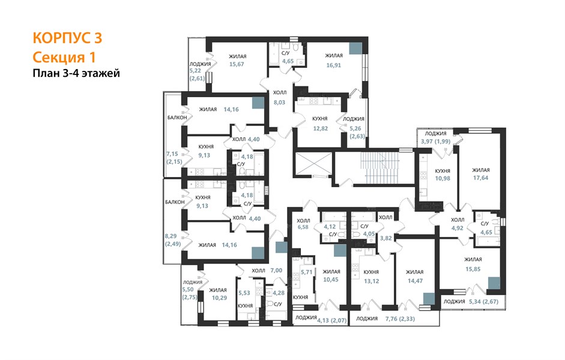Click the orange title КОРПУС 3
(x=67, y=38)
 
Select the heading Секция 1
(x=64, y=57)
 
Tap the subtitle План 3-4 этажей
(x=76, y=73)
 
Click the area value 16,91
(x=333, y=65)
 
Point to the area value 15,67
(x=237, y=64)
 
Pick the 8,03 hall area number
(x=279, y=102)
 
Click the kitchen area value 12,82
(x=320, y=128)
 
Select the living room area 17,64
(x=481, y=178)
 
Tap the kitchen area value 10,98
(x=443, y=178)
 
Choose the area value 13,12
(x=371, y=281)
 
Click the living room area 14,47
(x=415, y=280)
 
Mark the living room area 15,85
(x=473, y=269)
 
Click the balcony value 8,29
(x=171, y=236)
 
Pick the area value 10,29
(x=219, y=298)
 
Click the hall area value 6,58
(x=303, y=227)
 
